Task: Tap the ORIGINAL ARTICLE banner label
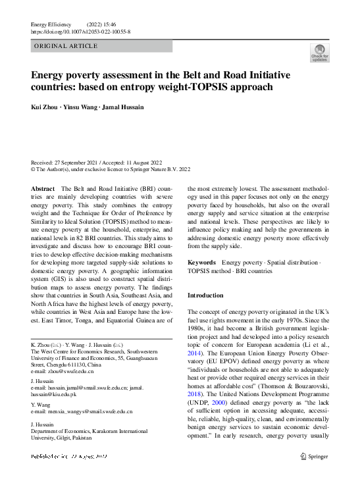pos(65,46)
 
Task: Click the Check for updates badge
pos(319,53)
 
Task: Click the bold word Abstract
pos(43,188)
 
